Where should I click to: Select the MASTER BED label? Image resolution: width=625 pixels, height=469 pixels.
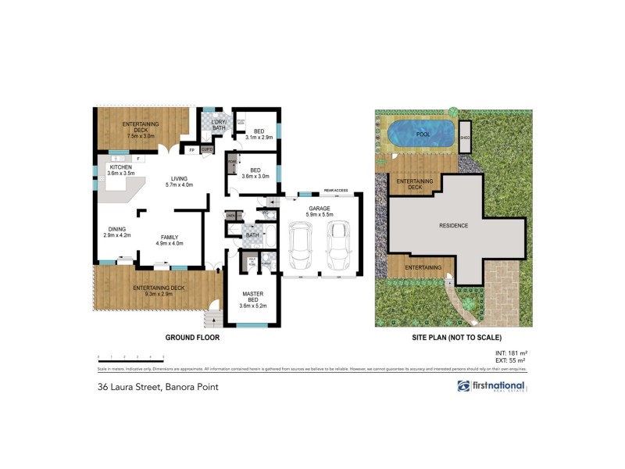[252, 298]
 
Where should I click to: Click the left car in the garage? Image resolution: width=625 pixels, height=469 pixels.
[300, 245]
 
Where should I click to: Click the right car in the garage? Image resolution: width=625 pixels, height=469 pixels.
[337, 245]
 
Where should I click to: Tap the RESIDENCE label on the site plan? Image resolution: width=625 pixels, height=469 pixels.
[453, 225]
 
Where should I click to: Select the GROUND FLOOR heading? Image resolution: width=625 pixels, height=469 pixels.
[191, 338]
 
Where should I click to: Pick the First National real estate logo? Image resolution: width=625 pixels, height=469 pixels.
[492, 386]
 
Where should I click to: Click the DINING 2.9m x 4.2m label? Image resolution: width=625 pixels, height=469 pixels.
[118, 232]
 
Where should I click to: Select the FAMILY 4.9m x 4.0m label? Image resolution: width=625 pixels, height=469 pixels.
[170, 240]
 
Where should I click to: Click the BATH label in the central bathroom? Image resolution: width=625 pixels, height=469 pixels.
[252, 234]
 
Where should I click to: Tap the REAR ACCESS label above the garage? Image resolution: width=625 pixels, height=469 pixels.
[335, 191]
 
